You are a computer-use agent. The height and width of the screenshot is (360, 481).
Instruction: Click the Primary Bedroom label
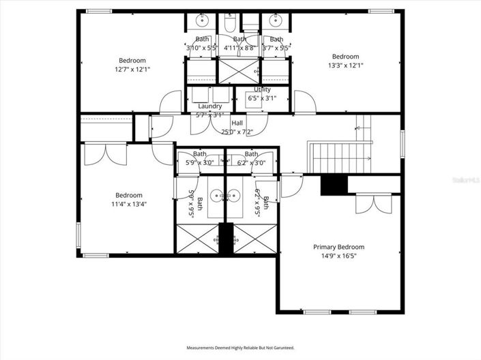(338, 247)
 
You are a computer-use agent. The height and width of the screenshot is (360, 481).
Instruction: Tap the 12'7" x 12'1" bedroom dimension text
(132, 69)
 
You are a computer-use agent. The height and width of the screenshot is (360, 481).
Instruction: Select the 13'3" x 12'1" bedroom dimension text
(345, 65)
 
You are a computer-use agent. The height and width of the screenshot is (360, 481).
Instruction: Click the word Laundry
(209, 106)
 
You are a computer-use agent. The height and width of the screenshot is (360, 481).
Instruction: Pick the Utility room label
(262, 89)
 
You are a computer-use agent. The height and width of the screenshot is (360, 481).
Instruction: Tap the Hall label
(237, 123)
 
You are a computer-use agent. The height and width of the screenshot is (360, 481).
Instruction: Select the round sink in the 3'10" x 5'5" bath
(203, 19)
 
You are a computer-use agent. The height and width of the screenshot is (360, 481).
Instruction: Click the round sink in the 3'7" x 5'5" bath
(276, 19)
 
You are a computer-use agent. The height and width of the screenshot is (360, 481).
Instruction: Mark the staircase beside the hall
(339, 157)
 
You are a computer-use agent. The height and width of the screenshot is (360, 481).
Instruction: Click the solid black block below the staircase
(334, 185)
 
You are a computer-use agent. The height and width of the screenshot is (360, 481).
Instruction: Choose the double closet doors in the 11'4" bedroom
(106, 154)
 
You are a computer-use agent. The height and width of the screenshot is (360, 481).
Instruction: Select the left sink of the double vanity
(217, 195)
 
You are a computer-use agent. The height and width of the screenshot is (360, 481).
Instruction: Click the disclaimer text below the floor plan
(240, 348)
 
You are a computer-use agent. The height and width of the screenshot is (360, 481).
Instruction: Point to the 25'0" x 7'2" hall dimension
(237, 132)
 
